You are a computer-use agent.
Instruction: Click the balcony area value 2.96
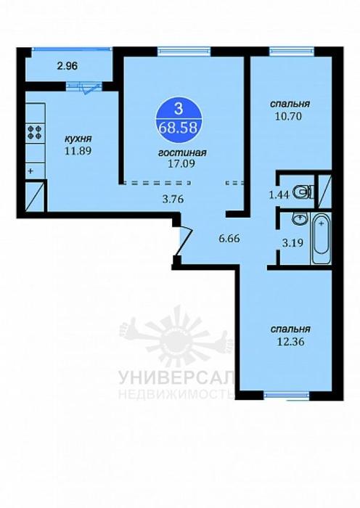click(67, 66)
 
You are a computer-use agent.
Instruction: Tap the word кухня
click(78, 139)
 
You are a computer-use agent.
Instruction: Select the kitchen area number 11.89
click(78, 151)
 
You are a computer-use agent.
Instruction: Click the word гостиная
click(182, 152)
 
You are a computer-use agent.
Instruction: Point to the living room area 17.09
click(181, 164)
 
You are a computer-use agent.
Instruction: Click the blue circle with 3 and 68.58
click(179, 119)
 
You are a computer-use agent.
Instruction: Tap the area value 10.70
click(288, 116)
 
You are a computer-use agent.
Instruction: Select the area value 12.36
click(291, 342)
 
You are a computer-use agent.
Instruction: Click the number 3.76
click(173, 199)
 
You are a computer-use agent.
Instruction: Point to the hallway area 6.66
click(229, 239)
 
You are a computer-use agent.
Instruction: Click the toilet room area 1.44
click(279, 194)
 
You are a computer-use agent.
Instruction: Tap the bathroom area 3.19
click(293, 242)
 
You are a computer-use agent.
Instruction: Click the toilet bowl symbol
click(303, 192)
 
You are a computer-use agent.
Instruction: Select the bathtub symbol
click(321, 238)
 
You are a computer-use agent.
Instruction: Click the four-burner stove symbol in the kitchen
click(35, 131)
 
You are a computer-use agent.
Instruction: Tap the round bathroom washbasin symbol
click(300, 218)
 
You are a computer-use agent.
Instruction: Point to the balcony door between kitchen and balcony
click(83, 86)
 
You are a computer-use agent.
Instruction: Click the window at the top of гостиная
click(184, 52)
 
